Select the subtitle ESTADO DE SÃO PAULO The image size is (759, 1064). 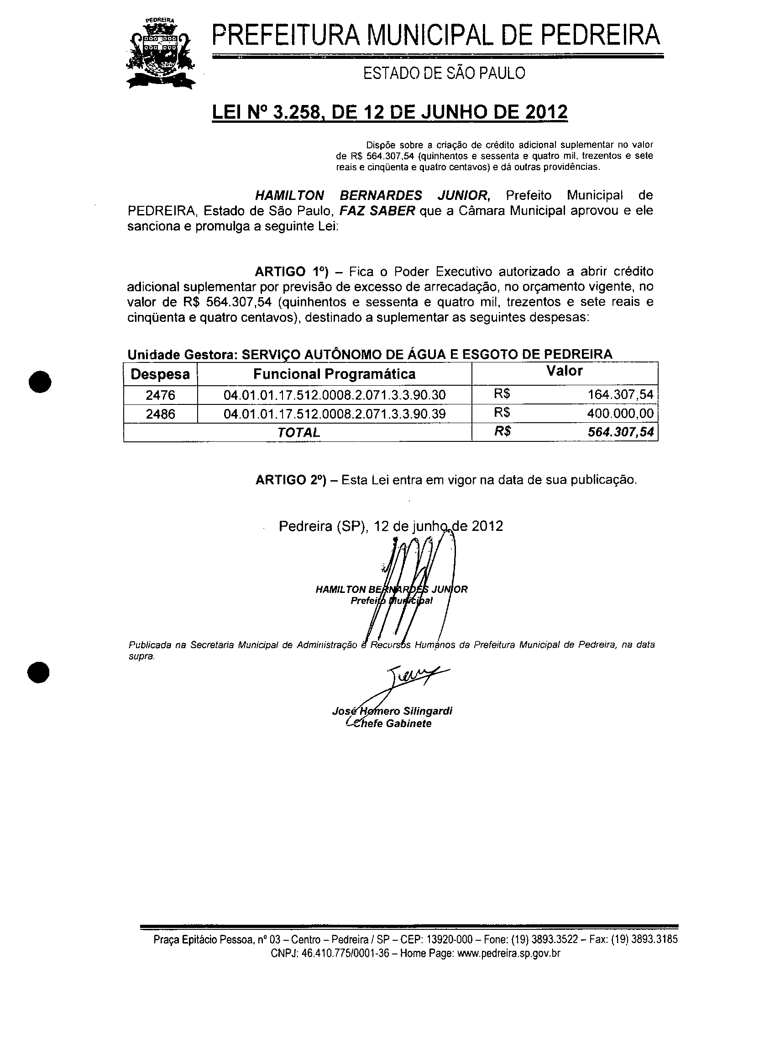click(x=444, y=73)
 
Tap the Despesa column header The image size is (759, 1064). click(x=160, y=374)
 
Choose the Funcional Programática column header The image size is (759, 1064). click(x=334, y=374)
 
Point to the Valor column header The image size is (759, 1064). click(x=565, y=371)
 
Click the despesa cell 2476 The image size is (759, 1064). click(x=160, y=395)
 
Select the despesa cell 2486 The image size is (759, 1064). click(x=160, y=414)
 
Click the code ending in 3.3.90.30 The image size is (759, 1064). click(x=334, y=395)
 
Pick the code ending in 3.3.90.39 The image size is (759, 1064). click(x=334, y=414)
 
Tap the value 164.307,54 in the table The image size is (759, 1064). click(x=620, y=395)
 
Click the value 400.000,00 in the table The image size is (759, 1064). click(x=620, y=414)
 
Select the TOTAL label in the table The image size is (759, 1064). click(x=298, y=433)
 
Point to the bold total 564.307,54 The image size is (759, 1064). click(x=620, y=432)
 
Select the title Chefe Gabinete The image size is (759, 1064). click(x=392, y=724)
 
